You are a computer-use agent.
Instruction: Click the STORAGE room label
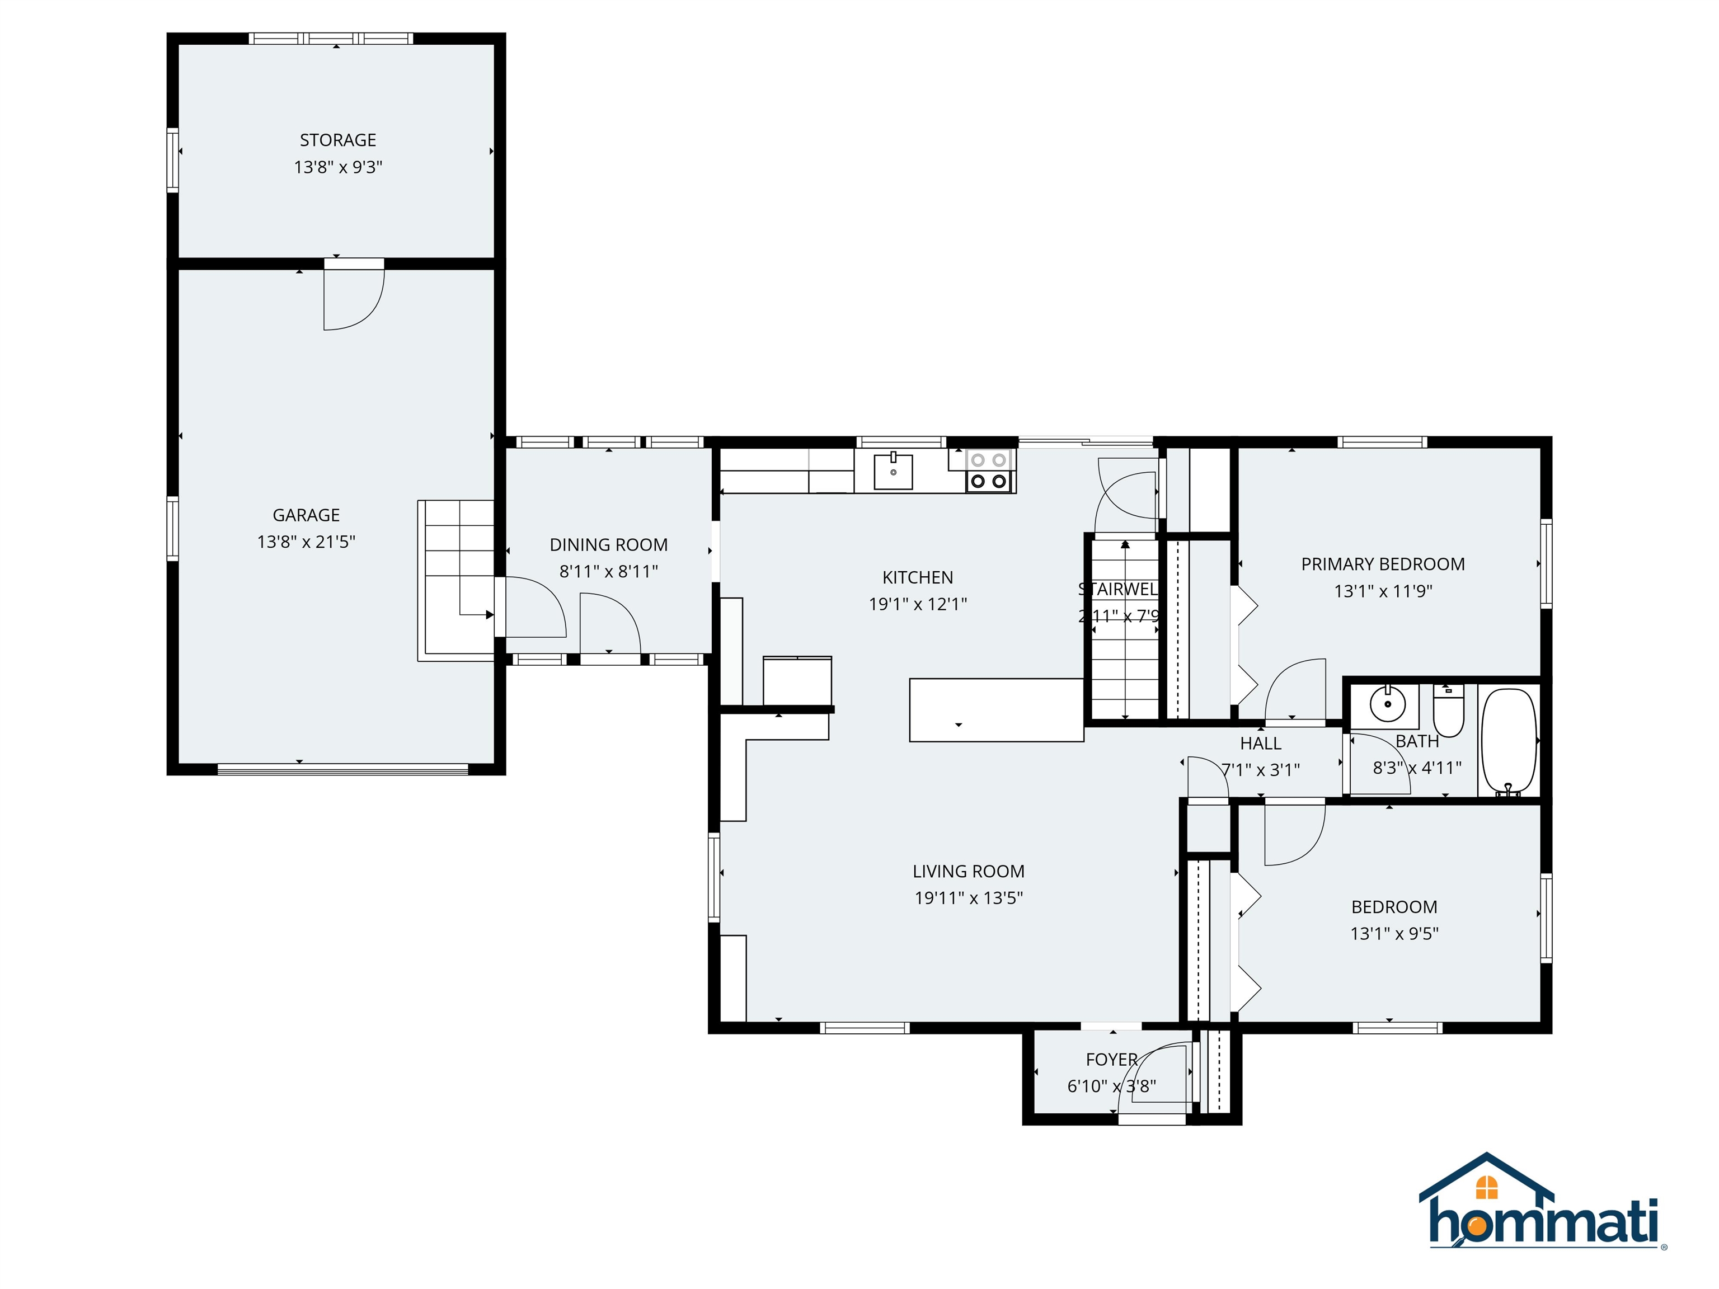(x=337, y=140)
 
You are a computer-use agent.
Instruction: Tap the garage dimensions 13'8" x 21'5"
(x=306, y=542)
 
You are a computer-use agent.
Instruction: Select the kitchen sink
(x=893, y=471)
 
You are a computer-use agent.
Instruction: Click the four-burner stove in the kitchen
(x=989, y=471)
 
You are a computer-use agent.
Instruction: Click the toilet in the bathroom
(x=1448, y=711)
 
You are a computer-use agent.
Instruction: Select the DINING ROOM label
(x=608, y=545)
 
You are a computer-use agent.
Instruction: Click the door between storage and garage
(x=354, y=295)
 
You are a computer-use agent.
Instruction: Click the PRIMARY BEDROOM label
(x=1383, y=564)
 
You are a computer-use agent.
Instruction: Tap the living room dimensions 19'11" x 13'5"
(x=968, y=897)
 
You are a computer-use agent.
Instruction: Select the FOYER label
(x=1111, y=1059)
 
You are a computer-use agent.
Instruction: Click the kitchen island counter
(x=995, y=709)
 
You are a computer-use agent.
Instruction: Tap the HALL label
(x=1261, y=744)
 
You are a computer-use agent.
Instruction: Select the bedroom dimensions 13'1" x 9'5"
(x=1394, y=933)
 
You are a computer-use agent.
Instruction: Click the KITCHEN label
(x=917, y=577)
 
